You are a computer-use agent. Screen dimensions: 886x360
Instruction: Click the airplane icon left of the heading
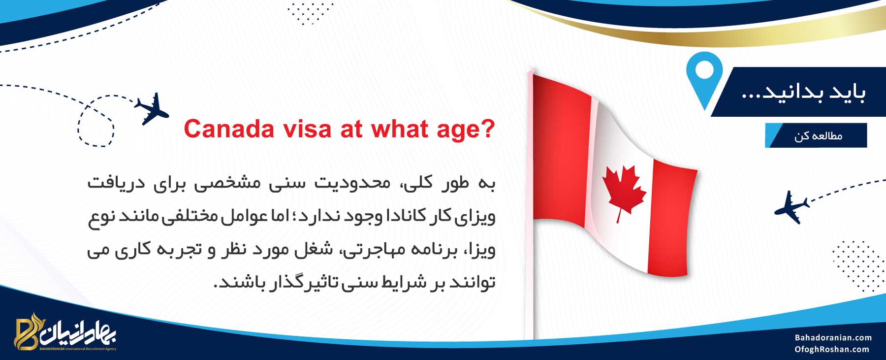tap(152, 108)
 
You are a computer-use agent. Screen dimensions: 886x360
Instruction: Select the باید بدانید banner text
tap(803, 92)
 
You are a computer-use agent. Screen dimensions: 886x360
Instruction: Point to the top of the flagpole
tap(530, 72)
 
